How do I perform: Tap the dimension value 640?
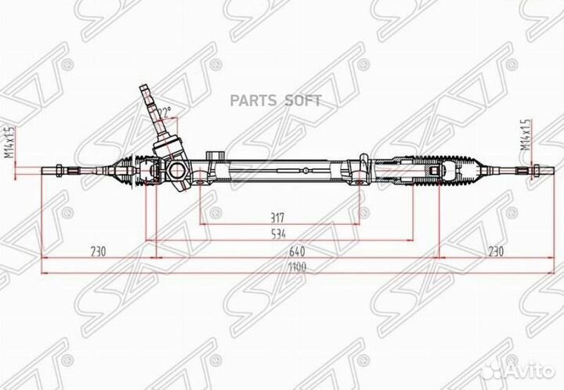tap(296, 251)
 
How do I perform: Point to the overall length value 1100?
tap(296, 267)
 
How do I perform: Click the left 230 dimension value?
tap(97, 251)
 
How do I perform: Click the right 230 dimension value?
tap(493, 251)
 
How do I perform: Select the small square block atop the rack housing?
tap(214, 154)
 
